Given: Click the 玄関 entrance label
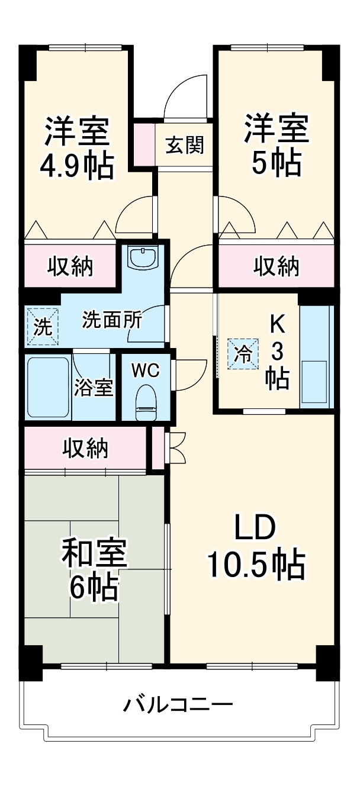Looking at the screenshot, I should [x=185, y=144].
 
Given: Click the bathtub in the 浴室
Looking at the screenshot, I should [x=49, y=387].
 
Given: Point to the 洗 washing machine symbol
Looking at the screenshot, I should [x=42, y=326].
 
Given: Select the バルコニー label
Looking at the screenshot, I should [x=178, y=705].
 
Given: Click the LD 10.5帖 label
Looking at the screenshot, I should [x=255, y=548].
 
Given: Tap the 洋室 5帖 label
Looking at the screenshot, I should [x=277, y=145].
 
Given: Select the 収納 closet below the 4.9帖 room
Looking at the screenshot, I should [x=70, y=268].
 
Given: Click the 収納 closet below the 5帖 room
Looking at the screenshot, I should [x=277, y=268].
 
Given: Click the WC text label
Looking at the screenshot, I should [x=145, y=370].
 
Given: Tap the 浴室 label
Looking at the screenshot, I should [x=94, y=389].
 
